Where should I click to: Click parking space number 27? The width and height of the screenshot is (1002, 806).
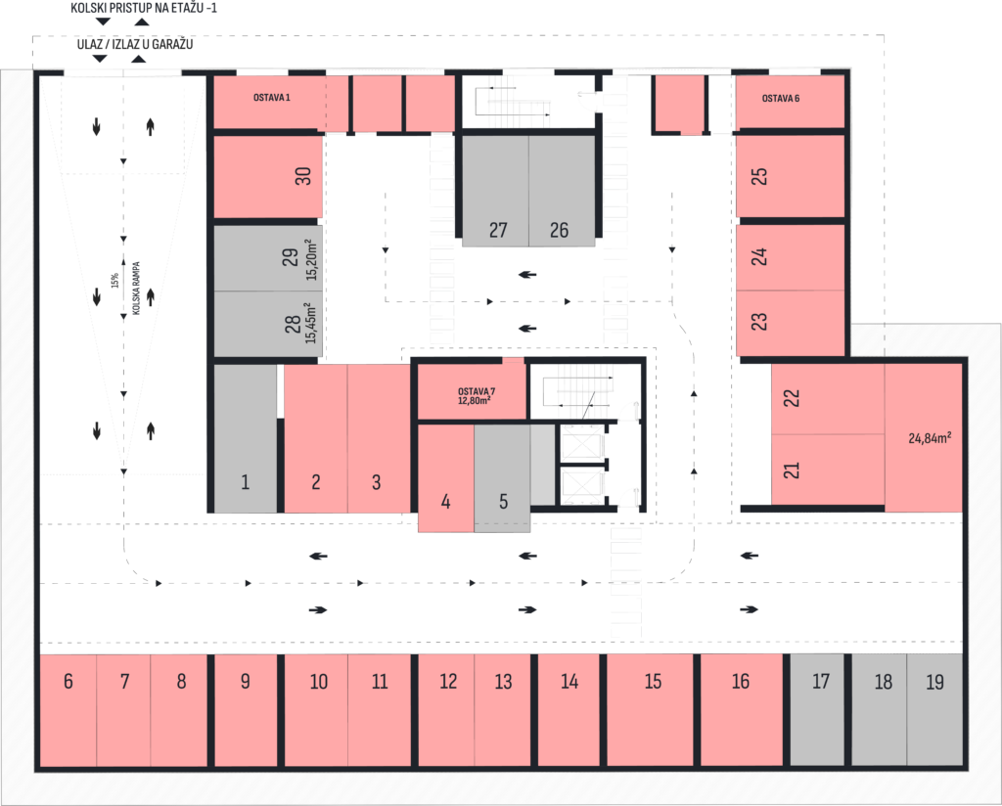495,191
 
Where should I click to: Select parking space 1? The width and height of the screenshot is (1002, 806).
246,439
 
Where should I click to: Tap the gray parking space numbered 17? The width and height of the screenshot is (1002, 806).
817,709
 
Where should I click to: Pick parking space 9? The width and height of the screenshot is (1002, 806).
246,709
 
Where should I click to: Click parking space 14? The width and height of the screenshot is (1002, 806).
569,709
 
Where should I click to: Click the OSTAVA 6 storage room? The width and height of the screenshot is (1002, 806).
790,102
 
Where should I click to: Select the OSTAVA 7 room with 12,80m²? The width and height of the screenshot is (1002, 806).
472,391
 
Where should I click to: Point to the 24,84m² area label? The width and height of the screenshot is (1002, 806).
930,438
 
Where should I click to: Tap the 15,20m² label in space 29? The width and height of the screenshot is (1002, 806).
310,259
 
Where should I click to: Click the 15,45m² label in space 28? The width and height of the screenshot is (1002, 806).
310,323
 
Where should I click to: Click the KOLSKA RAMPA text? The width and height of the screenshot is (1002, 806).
135,288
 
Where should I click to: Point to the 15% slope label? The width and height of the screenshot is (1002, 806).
114,281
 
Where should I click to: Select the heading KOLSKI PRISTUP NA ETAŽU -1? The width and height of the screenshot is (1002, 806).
144,8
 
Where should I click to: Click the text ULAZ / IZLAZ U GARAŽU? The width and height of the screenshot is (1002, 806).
135,44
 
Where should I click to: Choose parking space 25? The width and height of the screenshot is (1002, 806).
790,176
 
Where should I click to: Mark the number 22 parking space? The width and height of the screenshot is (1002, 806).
828,399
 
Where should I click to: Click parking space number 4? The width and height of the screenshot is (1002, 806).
446,478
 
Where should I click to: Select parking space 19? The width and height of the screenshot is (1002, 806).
934,709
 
